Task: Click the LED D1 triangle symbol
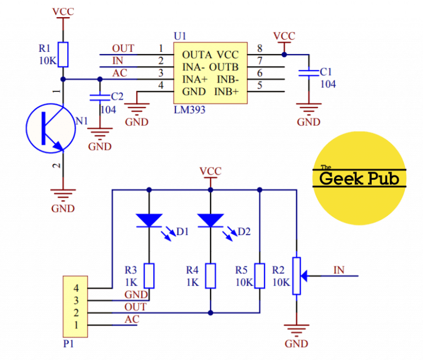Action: click(149, 220)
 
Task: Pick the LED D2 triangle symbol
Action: click(210, 220)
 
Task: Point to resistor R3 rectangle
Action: click(149, 275)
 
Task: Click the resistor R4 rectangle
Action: click(210, 275)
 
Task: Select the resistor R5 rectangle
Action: click(259, 275)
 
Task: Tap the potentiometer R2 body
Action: click(297, 275)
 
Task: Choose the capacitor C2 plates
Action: click(100, 98)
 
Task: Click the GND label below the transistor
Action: click(64, 209)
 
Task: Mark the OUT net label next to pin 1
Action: click(122, 48)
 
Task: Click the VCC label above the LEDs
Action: click(210, 171)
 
